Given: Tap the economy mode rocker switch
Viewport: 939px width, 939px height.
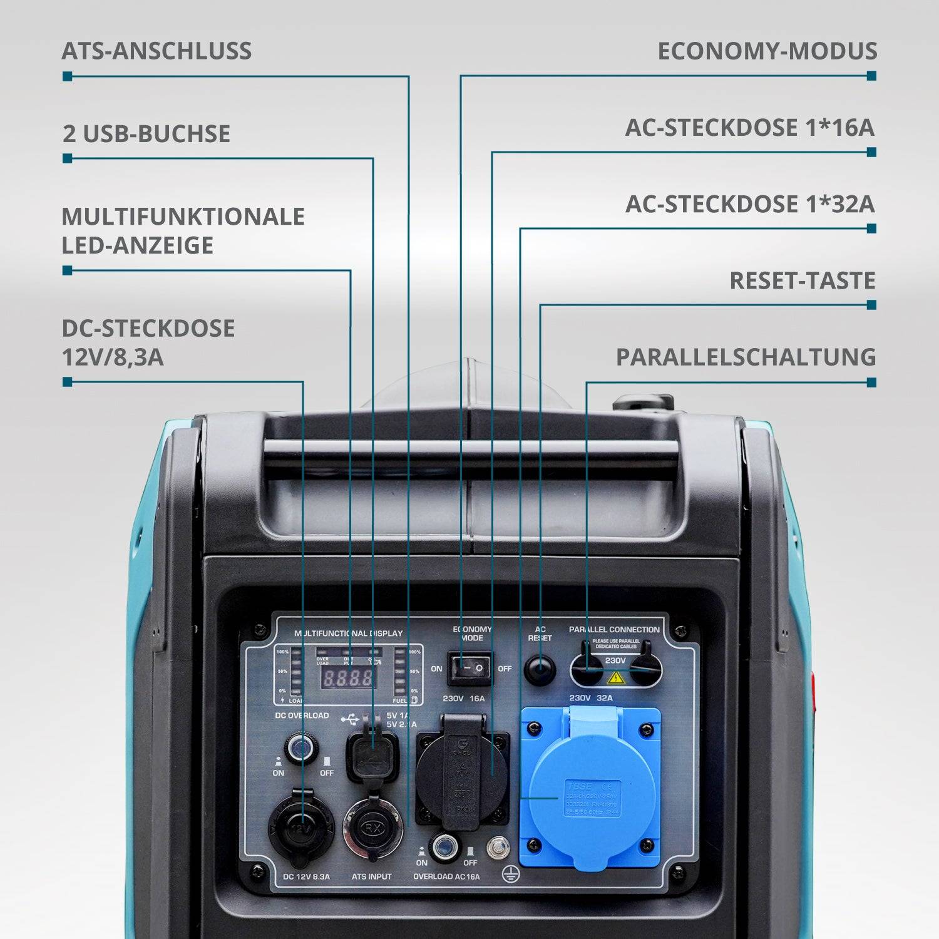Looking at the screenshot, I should coord(469,669).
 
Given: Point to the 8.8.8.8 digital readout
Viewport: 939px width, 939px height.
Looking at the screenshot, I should coord(348,678).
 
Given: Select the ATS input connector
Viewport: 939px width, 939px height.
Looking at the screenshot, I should coord(372,828).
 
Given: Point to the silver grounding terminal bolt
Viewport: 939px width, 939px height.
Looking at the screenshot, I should coord(497,848).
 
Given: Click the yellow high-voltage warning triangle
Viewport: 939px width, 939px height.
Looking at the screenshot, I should coord(616,677).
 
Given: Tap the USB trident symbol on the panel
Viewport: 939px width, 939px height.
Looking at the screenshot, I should coord(350,719).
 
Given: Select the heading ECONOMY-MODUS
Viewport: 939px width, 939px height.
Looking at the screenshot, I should coord(767,51).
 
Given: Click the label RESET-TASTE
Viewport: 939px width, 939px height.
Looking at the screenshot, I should coord(802,280).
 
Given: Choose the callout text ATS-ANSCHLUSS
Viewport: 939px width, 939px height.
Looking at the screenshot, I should coord(156,51).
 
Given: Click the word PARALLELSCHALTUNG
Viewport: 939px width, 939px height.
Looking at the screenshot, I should coord(746,357).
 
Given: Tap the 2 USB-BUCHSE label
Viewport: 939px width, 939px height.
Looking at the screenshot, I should coord(146,134).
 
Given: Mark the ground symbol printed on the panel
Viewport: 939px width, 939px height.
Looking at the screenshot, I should coord(511,875).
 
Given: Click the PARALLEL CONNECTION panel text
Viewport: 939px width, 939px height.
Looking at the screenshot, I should coord(614,629).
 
